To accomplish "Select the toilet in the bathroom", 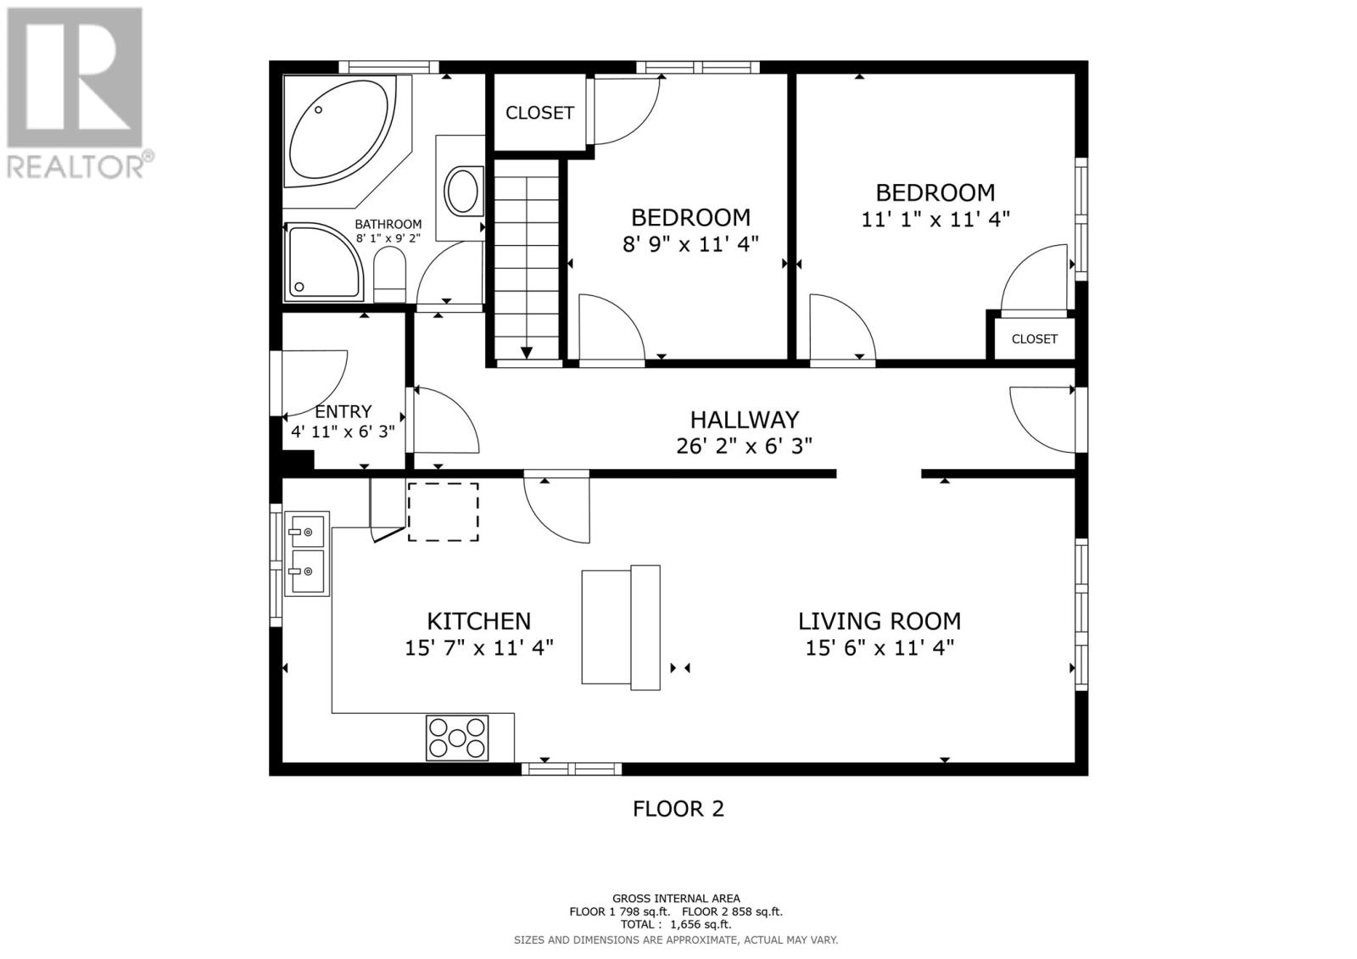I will pos(389,278).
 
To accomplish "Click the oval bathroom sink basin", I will pos(463,191).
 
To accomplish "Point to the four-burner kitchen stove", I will pos(458,737).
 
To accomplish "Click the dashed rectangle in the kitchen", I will pos(443,512).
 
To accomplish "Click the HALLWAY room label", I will pos(744,420).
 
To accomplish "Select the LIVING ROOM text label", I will pos(879,622).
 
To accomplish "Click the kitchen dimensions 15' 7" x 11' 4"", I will pos(479,649).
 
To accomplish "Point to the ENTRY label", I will pos(343,411).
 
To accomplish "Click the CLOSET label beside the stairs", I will pos(539,113).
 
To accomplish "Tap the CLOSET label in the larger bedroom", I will pos(1034,339).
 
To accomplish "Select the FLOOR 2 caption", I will pos(678,809).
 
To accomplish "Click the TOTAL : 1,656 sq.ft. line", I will pos(675,925).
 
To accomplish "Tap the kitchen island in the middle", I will pos(621,627).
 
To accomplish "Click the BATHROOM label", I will pos(388,224).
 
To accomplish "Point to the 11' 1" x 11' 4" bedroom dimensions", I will pos(935,220).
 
